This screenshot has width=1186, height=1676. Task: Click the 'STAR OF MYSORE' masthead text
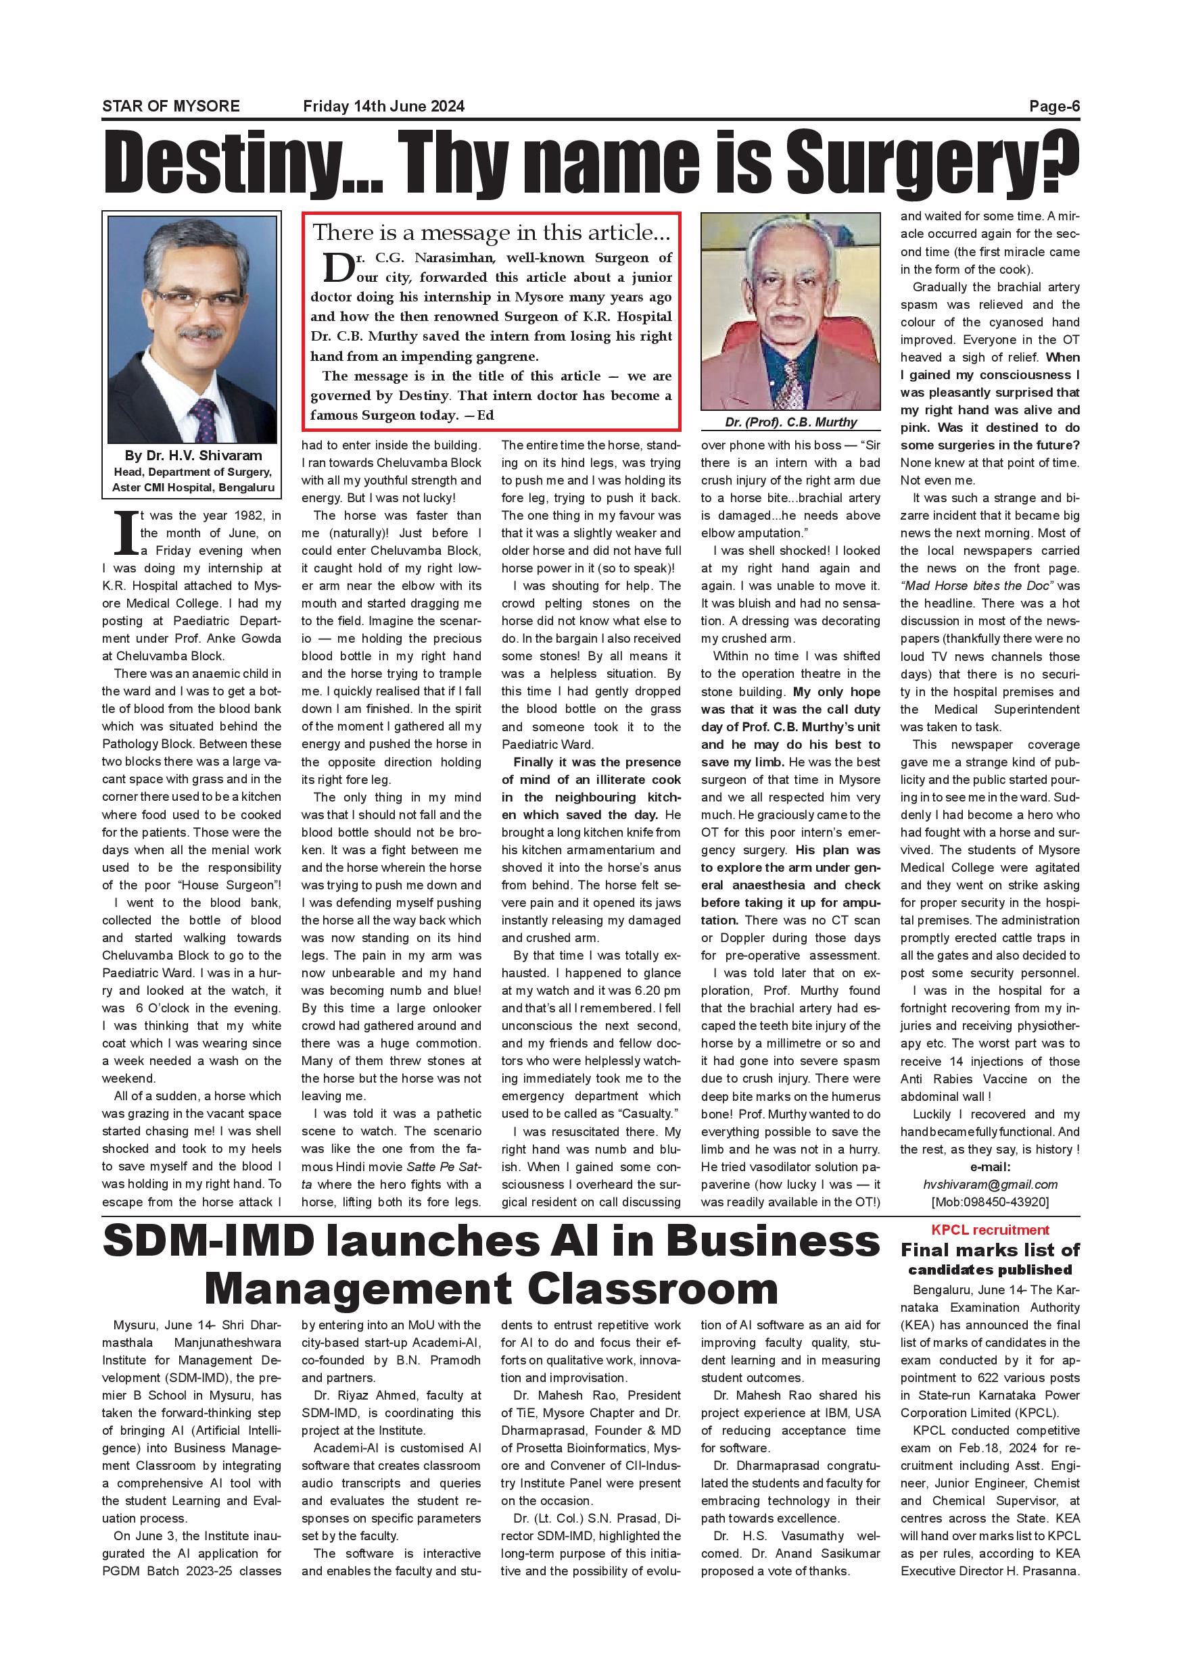[x=171, y=106]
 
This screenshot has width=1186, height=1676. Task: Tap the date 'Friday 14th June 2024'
[x=383, y=106]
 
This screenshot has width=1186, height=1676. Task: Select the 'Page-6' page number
[x=1054, y=106]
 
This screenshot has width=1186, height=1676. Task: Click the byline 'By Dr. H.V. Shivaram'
[x=193, y=455]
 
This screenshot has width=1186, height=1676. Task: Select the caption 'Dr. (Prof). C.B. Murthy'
[x=790, y=422]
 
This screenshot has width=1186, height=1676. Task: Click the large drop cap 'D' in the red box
[x=338, y=268]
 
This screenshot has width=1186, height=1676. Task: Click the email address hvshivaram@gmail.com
[x=989, y=1184]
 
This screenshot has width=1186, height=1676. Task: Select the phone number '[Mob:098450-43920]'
[x=989, y=1202]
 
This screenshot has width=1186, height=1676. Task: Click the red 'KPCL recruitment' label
[x=989, y=1230]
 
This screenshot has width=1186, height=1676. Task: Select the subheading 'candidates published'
[x=989, y=1270]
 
